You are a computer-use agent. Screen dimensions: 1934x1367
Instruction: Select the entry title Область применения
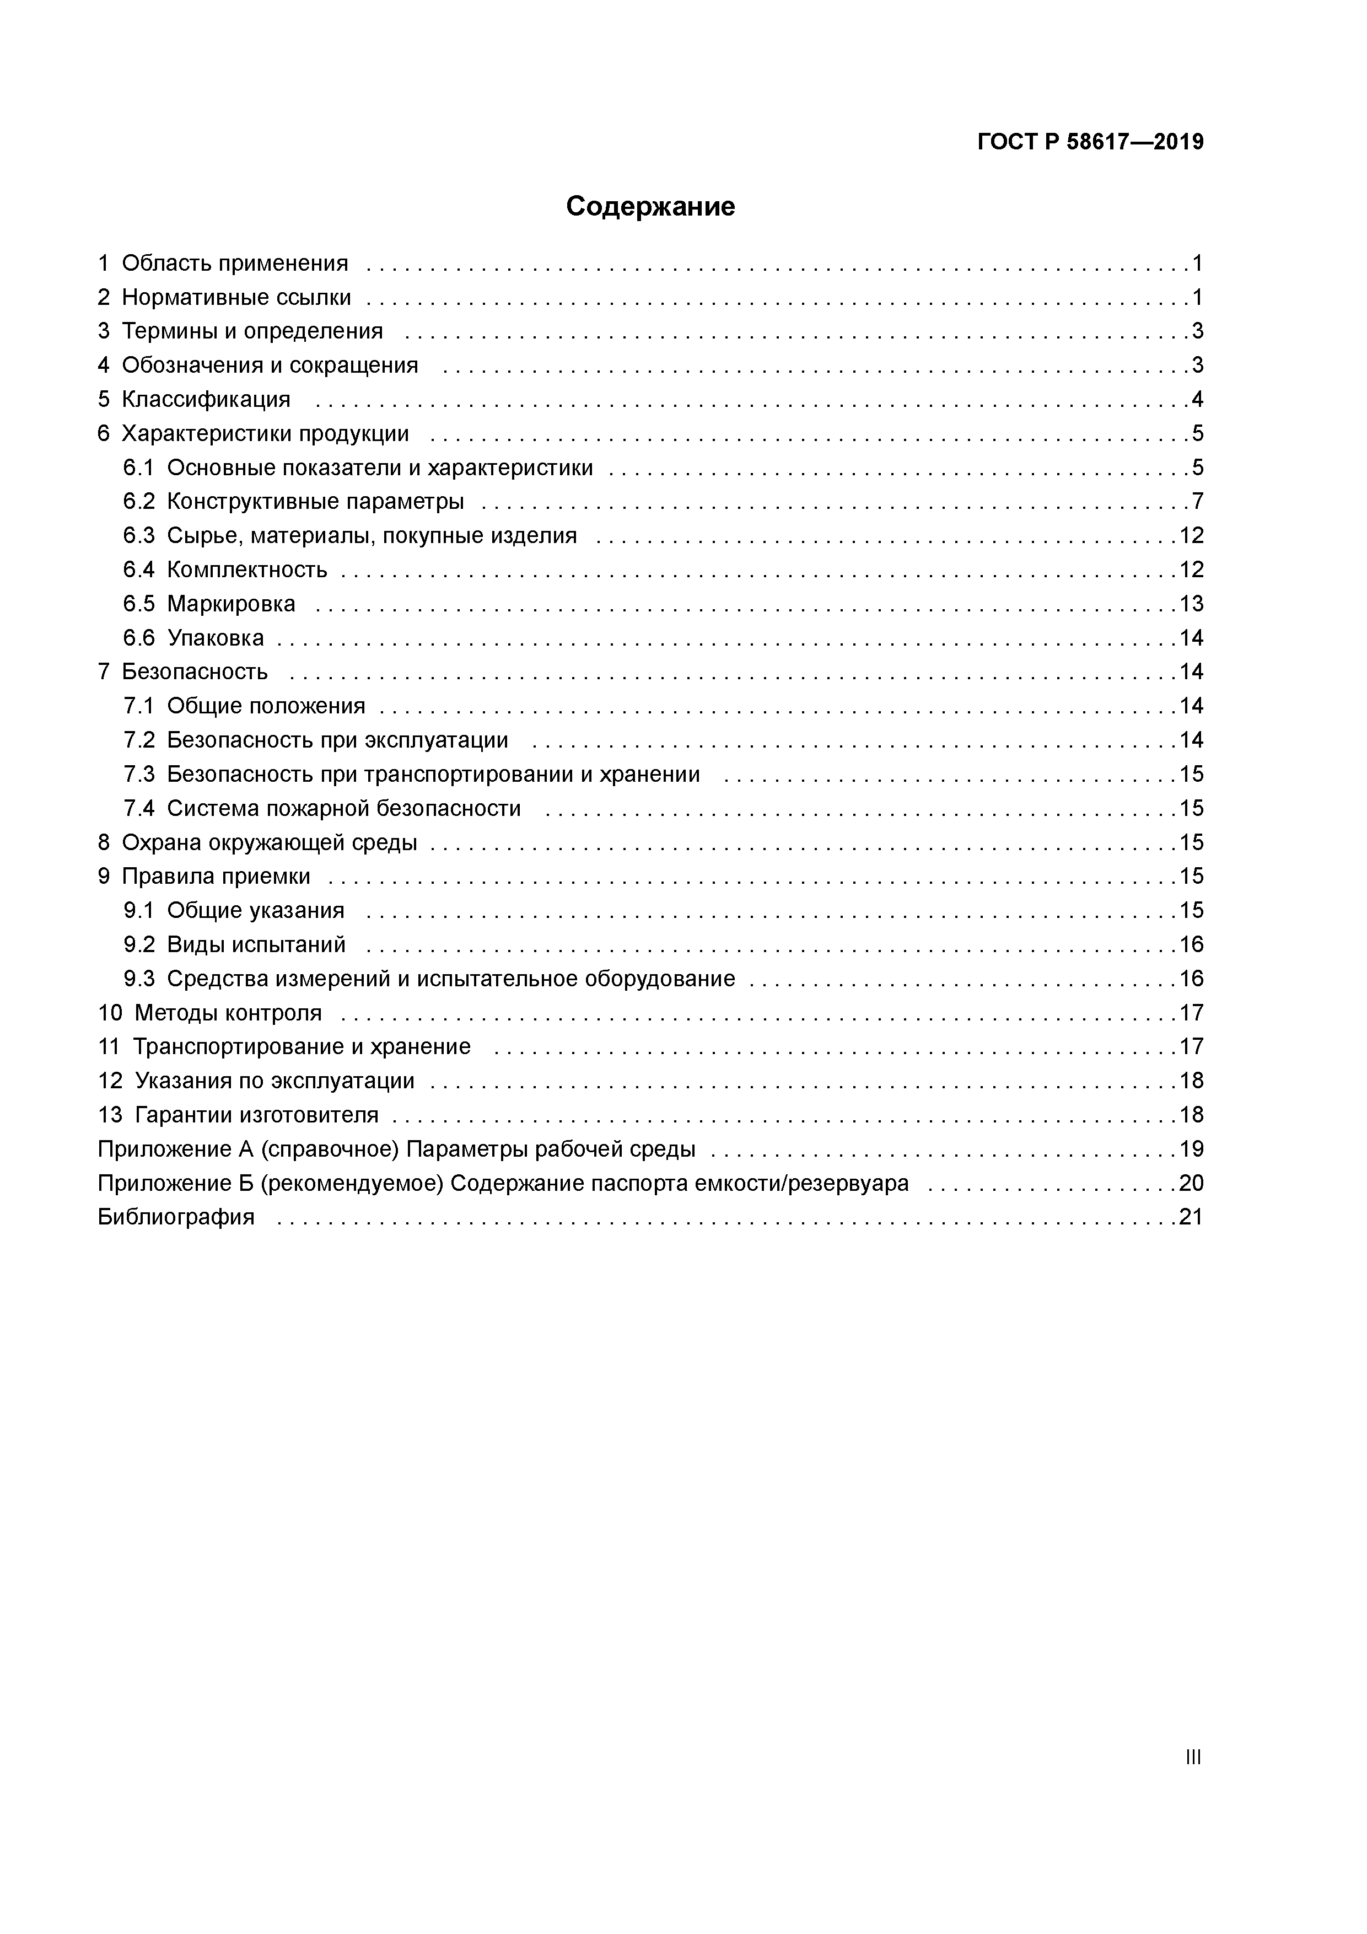click(x=234, y=264)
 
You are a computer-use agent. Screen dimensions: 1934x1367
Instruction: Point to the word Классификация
click(x=206, y=399)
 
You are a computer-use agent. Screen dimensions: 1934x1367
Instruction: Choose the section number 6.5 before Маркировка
click(x=139, y=604)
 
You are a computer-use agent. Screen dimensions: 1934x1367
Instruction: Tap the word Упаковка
click(x=215, y=638)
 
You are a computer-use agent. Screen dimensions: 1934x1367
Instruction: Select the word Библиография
click(x=175, y=1217)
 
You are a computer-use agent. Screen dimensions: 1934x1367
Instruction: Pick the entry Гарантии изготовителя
click(x=256, y=1115)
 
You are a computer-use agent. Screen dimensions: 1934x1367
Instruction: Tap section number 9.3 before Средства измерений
click(x=139, y=979)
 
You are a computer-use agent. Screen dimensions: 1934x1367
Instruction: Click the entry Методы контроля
click(x=228, y=1013)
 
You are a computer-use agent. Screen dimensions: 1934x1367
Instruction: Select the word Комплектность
click(x=247, y=570)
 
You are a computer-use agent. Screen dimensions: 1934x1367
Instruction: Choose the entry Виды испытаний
click(x=256, y=944)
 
